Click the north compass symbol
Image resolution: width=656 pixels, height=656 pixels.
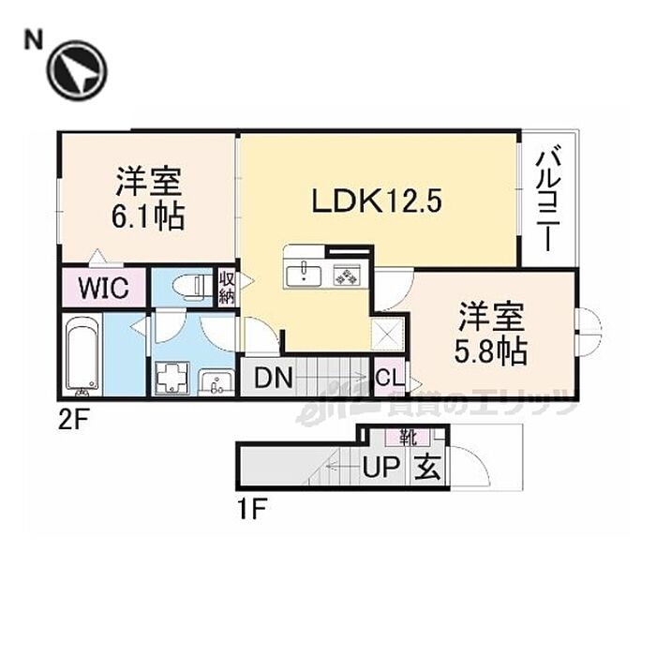(78, 71)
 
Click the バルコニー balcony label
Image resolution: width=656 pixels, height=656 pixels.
(548, 200)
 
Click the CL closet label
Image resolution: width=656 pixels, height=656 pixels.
(389, 380)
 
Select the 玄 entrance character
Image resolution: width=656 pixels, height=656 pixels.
(426, 466)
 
